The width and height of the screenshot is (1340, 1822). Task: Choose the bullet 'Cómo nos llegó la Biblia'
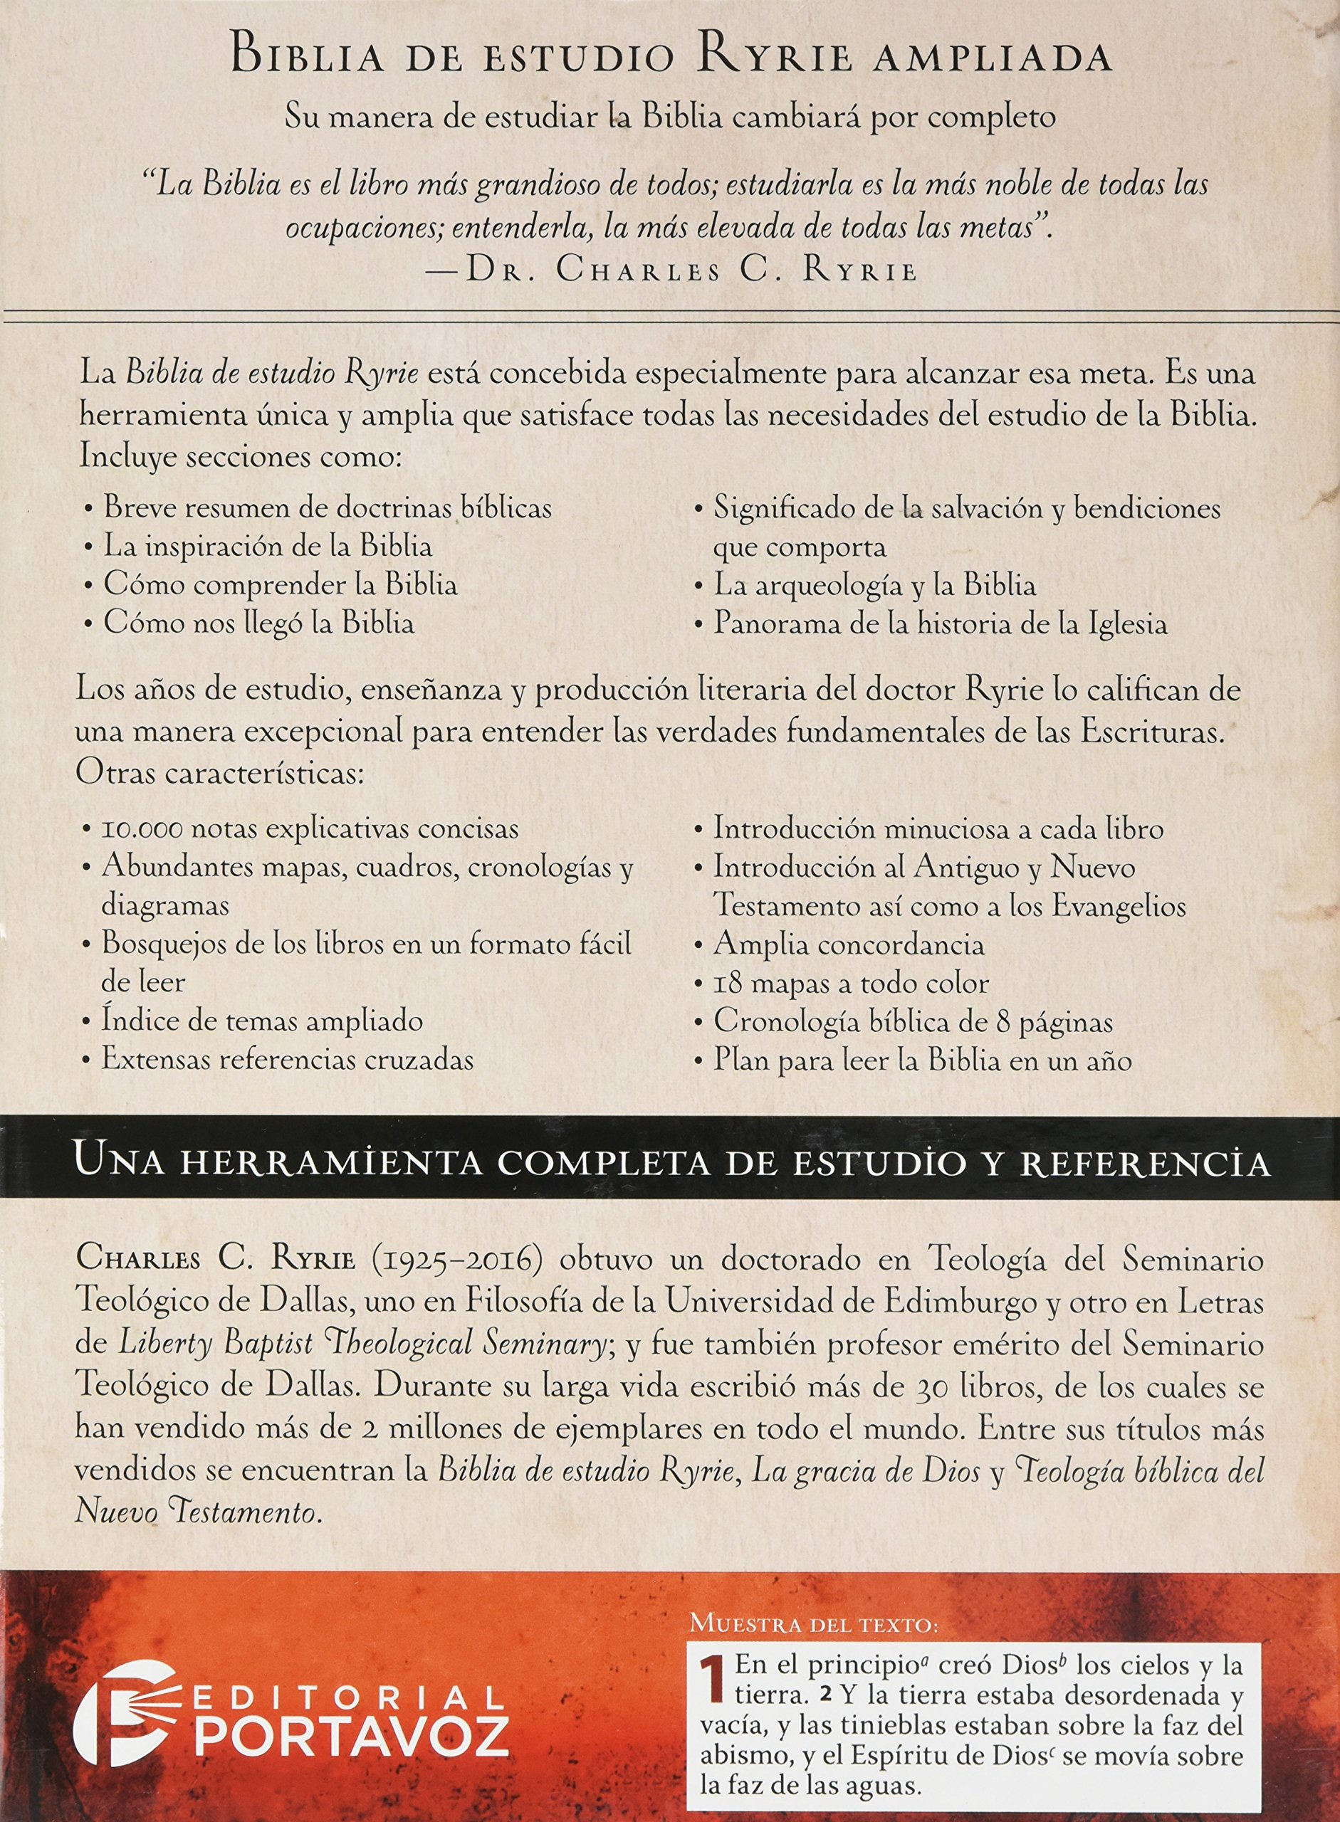click(x=258, y=623)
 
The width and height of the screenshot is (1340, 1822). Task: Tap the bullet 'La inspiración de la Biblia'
click(x=268, y=547)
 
